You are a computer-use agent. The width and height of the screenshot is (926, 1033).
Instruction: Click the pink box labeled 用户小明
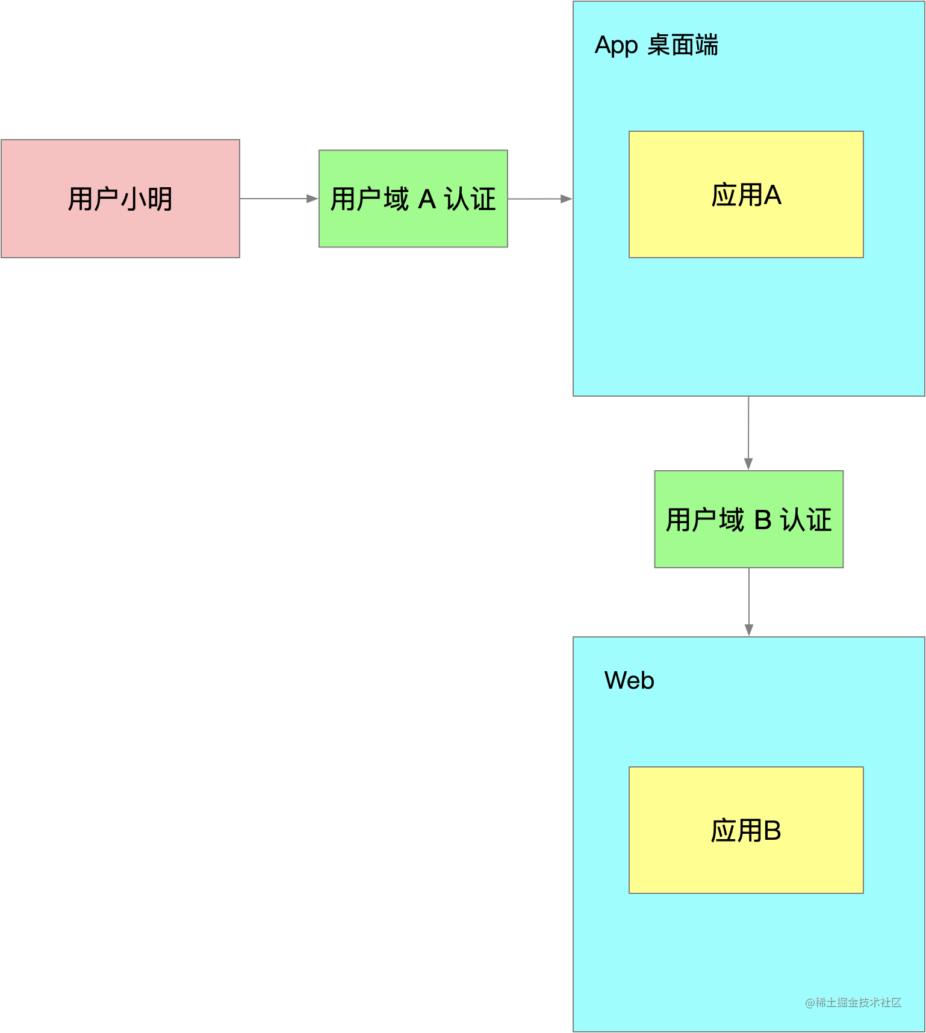point(120,199)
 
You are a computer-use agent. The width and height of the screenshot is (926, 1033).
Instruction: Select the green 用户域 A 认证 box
point(413,199)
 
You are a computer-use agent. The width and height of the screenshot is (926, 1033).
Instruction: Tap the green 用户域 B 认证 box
point(748,519)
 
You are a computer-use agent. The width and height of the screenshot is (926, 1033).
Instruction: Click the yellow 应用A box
point(746,194)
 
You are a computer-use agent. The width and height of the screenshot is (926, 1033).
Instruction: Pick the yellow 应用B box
point(746,830)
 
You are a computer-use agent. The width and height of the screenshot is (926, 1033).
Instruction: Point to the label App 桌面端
point(656,45)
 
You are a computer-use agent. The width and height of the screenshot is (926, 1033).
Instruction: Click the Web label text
point(629,680)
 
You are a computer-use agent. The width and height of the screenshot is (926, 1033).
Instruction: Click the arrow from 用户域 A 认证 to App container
point(539,199)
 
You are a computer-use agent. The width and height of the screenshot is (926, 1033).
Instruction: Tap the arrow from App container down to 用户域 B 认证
point(748,433)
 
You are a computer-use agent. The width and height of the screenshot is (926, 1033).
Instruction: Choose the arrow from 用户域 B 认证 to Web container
point(748,601)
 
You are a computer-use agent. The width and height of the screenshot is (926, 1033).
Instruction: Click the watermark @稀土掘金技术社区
point(853,1002)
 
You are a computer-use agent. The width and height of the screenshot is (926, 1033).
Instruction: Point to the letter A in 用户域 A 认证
point(426,199)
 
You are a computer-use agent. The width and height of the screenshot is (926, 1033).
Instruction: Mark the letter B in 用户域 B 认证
point(763,520)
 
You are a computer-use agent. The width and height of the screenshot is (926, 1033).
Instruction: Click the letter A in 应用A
point(772,195)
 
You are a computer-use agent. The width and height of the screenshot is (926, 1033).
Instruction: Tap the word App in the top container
point(616,46)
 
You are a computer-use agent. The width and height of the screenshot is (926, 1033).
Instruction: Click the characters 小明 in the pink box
point(147,199)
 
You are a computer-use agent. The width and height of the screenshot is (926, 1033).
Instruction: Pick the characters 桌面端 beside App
point(683,45)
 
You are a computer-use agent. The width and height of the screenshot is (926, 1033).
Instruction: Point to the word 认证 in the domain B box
point(806,520)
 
